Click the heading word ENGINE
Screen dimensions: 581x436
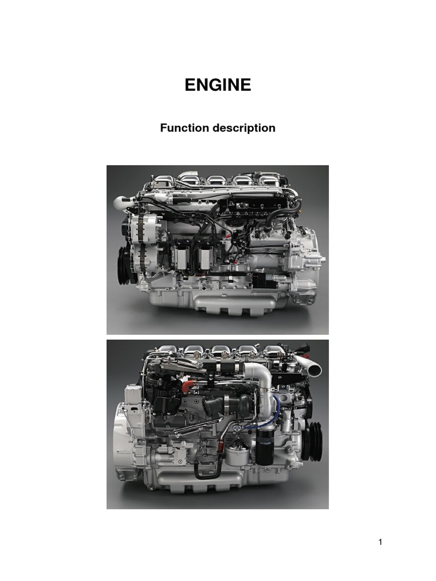point(218,85)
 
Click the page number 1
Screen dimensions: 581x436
point(380,542)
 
